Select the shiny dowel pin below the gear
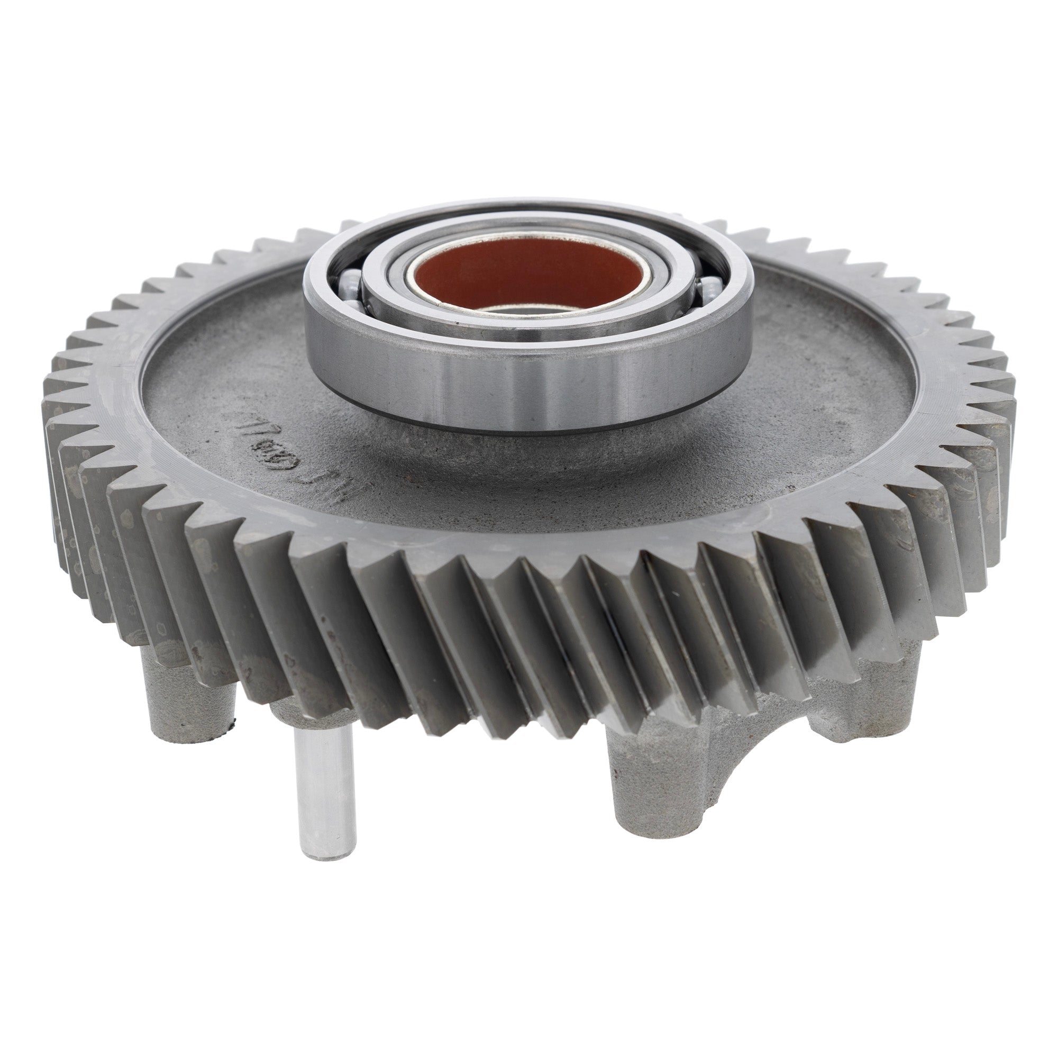click(x=322, y=778)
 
